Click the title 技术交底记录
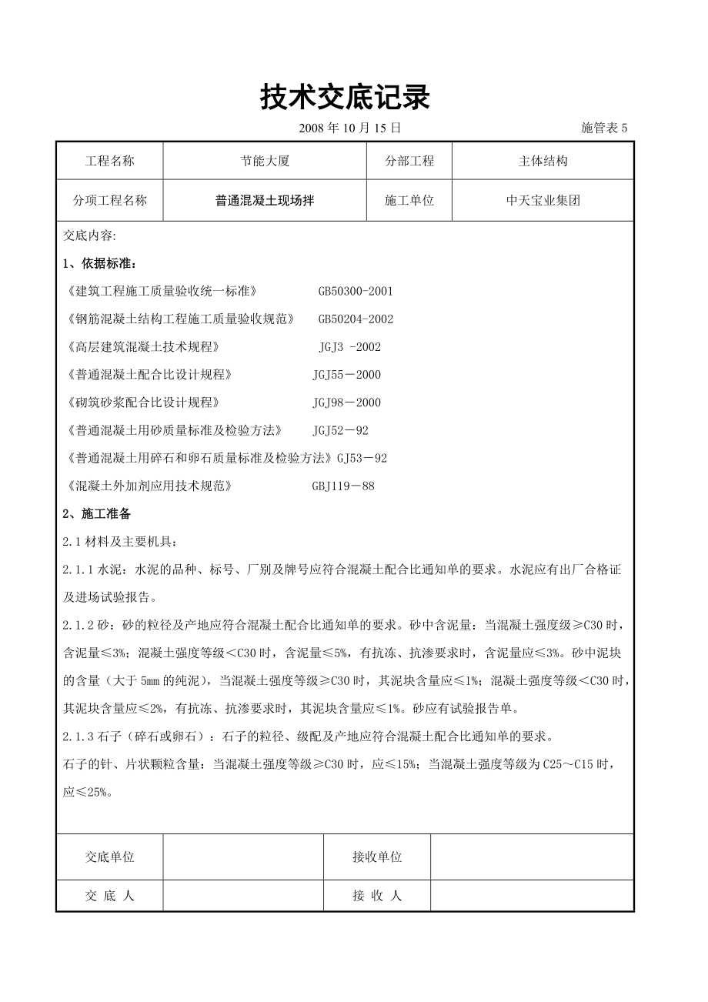point(345,98)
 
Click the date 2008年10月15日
point(349,129)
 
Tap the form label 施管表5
point(604,129)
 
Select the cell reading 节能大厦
point(264,162)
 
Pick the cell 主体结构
point(543,162)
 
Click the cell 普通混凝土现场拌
point(264,201)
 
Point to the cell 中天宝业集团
point(543,201)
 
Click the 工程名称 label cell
point(109,162)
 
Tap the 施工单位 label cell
point(409,201)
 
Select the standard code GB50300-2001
point(356,292)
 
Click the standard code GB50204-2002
point(356,319)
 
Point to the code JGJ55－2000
point(346,375)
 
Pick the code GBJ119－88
point(343,486)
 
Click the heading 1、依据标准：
point(99,264)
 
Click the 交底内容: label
point(88,236)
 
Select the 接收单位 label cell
point(377,857)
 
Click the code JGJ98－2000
point(346,402)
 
